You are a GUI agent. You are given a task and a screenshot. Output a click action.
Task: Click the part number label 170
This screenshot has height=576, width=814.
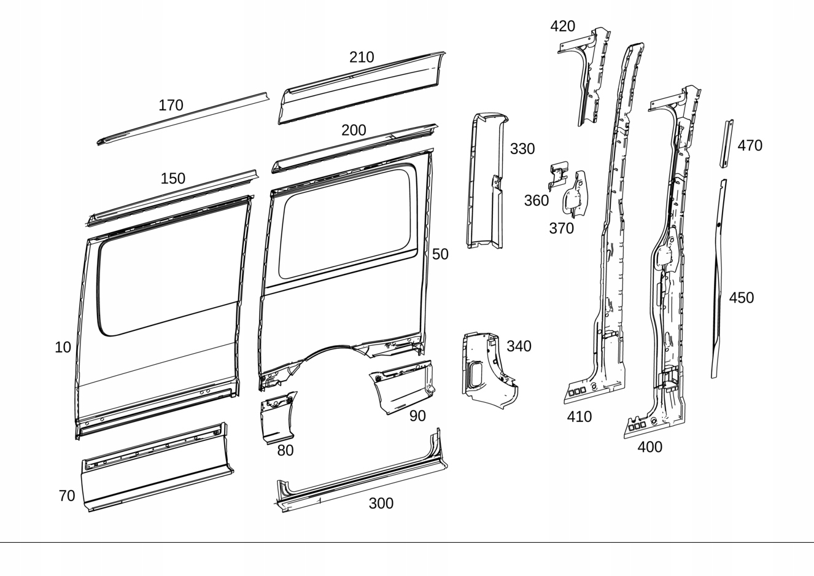[x=171, y=106]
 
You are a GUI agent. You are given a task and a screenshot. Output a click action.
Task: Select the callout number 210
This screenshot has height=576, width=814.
[x=362, y=58]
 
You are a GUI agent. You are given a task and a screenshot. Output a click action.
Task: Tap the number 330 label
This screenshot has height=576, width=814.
[x=522, y=149]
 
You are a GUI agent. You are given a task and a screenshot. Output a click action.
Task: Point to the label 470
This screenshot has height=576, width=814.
[x=750, y=146]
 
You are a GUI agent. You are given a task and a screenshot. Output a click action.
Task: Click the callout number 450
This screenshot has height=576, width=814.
[x=741, y=298]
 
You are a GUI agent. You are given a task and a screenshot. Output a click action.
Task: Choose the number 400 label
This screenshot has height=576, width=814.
[x=649, y=448]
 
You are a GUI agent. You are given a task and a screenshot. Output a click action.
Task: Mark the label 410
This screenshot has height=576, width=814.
[x=579, y=417]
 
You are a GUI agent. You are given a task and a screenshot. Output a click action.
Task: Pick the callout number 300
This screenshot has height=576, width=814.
[x=381, y=504]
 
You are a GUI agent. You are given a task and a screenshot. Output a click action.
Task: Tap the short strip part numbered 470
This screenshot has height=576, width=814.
[x=726, y=144]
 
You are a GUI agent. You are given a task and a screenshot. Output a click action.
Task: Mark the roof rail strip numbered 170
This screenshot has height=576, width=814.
[x=184, y=120]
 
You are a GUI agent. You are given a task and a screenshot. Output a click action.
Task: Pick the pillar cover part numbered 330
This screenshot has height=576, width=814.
[x=485, y=184]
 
